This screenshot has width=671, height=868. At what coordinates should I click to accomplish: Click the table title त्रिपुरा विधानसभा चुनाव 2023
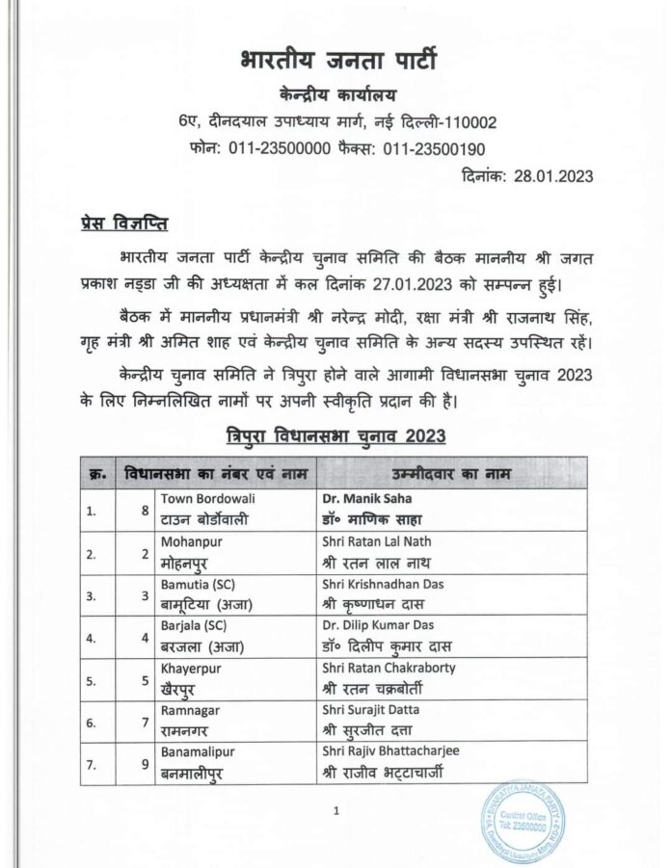tap(335, 434)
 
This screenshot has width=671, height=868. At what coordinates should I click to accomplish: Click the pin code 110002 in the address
tap(463, 122)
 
